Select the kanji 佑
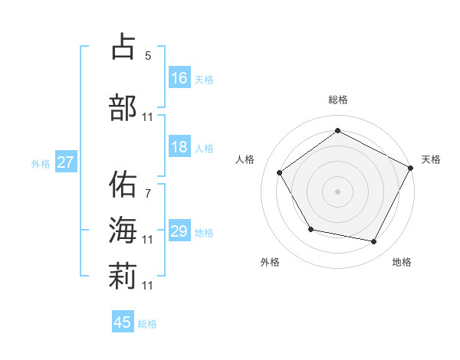[x=123, y=184]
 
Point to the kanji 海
[x=123, y=231]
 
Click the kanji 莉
[x=123, y=276]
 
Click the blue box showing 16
[x=179, y=78]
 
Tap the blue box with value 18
[x=179, y=148]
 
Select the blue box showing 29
[x=179, y=231]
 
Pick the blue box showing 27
[x=66, y=162]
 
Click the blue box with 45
[x=123, y=322]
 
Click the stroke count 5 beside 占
[x=147, y=55]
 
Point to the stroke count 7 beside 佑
[x=147, y=193]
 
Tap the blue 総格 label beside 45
[x=147, y=324]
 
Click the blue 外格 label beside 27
[x=41, y=163]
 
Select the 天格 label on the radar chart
[x=431, y=159]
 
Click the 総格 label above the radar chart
[x=337, y=100]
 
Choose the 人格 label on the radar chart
[x=245, y=159]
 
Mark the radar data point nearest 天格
[x=410, y=167]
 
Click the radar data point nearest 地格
[x=374, y=241]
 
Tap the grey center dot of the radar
[x=337, y=191]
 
